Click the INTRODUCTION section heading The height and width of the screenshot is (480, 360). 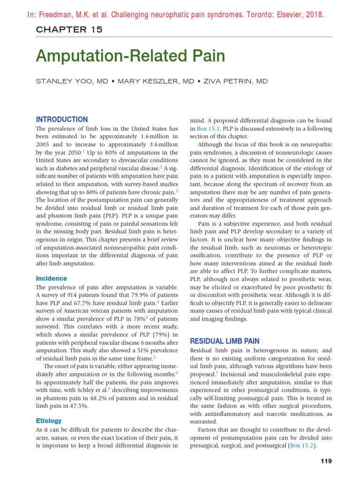pos(62,120)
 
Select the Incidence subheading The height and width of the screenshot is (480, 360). pos(52,278)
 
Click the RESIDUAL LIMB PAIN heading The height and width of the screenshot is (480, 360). pos(225,341)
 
